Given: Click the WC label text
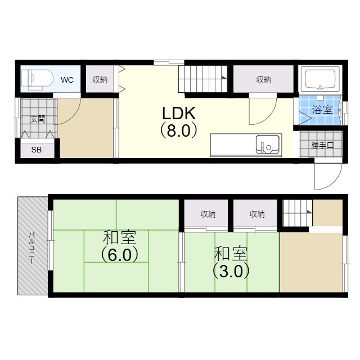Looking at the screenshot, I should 67,80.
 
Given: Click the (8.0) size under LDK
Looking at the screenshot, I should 178,130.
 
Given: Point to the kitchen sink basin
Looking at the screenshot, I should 267,145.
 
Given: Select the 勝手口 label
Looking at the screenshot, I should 323,145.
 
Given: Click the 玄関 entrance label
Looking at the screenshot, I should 38,119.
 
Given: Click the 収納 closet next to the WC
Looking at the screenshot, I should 100,80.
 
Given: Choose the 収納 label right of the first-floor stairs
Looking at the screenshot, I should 263,80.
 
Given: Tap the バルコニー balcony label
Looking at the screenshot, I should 32,245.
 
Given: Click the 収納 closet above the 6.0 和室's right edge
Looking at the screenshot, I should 208,214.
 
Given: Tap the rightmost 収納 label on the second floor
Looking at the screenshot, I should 256,214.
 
